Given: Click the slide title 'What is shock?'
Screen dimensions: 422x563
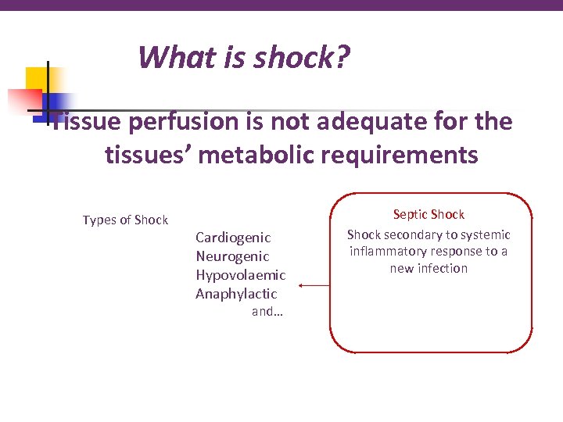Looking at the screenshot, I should coord(244,58).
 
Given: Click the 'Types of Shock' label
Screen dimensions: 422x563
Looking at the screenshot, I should coord(125,220).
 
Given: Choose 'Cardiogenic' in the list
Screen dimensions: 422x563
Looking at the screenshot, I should coord(233,238).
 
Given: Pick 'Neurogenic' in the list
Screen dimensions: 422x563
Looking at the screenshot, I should coord(232,256).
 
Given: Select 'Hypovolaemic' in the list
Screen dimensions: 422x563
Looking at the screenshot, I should coord(241,275).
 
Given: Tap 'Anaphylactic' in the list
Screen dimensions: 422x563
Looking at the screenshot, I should coord(236,294).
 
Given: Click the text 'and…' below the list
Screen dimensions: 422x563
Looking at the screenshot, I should coord(267,312).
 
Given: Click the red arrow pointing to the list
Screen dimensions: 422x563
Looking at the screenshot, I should coord(314,286).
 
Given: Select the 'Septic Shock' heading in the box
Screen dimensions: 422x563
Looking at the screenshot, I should coord(429,214).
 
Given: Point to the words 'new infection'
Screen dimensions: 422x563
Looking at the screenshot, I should coord(429,268).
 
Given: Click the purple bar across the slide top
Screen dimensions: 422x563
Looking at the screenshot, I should coord(281,5).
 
